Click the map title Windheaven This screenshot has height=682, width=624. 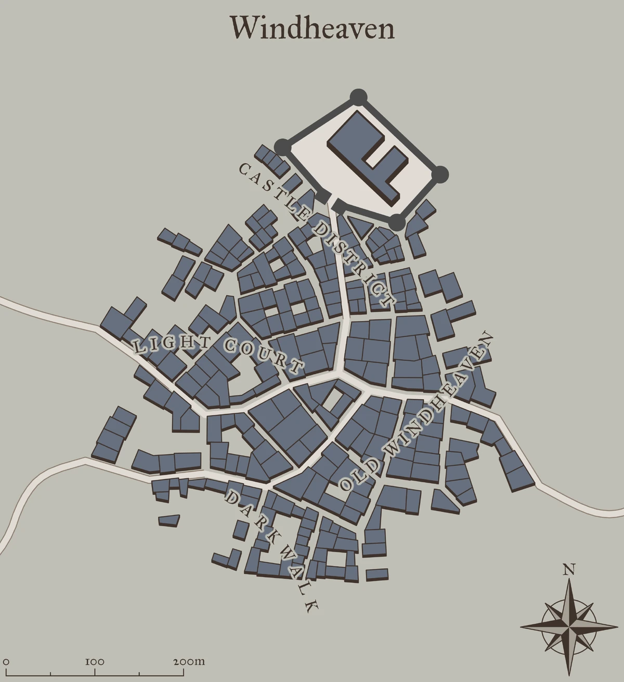pyautogui.click(x=312, y=28)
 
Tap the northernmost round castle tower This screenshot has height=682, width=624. pyautogui.click(x=358, y=97)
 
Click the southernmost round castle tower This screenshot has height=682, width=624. pyautogui.click(x=397, y=222)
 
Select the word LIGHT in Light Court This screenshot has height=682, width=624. pyautogui.click(x=172, y=344)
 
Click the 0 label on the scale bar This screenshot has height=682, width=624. pyautogui.click(x=6, y=662)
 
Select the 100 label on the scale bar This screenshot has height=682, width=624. pyautogui.click(x=95, y=662)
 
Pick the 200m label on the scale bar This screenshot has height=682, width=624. pyautogui.click(x=189, y=662)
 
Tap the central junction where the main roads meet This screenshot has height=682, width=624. pyautogui.click(x=341, y=372)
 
